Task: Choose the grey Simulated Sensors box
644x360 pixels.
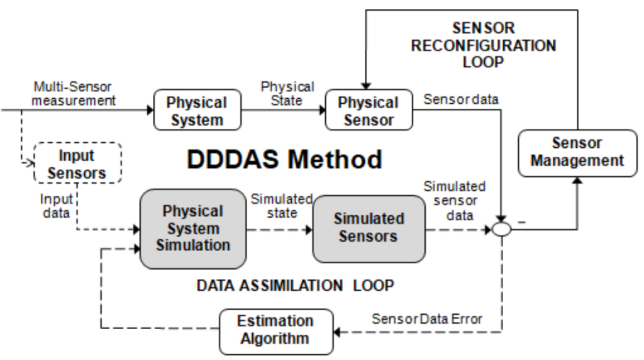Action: [369, 228]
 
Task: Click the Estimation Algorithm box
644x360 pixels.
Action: [275, 330]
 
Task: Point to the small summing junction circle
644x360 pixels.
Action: [501, 229]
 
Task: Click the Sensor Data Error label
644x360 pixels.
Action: [426, 319]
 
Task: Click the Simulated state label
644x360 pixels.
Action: [282, 206]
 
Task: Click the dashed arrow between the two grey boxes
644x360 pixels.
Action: [280, 229]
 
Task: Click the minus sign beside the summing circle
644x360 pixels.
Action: [521, 221]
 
